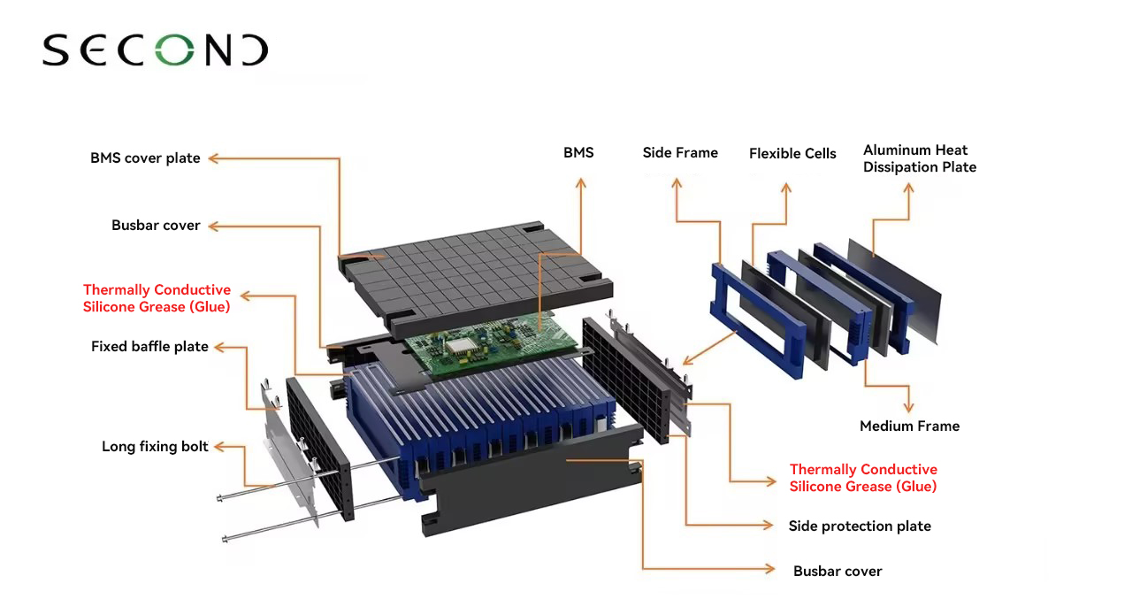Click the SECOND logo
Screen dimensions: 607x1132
click(x=155, y=50)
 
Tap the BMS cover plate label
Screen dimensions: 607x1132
click(x=145, y=158)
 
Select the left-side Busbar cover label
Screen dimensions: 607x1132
click(x=156, y=226)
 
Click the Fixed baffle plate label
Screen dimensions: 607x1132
click(x=149, y=347)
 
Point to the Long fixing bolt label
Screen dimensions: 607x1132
click(x=155, y=447)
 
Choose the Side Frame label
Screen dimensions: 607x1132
click(x=680, y=153)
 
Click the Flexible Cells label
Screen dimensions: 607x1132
click(x=792, y=154)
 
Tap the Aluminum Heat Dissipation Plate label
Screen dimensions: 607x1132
click(x=920, y=158)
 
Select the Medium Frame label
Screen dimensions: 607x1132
click(x=909, y=426)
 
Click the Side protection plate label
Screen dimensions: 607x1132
click(x=860, y=526)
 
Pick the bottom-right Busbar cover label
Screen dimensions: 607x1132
click(x=838, y=572)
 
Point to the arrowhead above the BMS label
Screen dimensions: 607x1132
click(x=581, y=183)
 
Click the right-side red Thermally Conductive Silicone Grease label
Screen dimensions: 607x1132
click(x=863, y=478)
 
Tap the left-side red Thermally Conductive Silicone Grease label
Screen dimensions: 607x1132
click(x=157, y=298)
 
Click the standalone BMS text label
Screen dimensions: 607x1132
click(x=578, y=153)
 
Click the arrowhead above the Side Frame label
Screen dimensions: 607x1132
click(x=677, y=183)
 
